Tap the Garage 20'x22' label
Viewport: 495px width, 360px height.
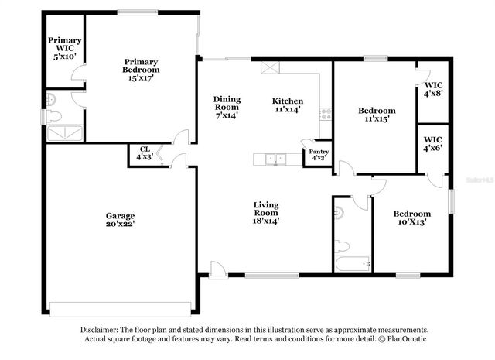coord(120,220)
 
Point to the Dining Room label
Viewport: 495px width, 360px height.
coord(227,107)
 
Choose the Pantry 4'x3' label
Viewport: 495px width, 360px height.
coord(318,155)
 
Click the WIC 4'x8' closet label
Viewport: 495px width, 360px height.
coord(433,88)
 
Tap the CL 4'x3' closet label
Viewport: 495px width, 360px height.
coord(144,153)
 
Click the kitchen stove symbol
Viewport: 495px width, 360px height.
coord(326,113)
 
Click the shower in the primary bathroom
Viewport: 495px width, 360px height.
coord(64,134)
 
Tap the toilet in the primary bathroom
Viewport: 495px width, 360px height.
coord(53,117)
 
